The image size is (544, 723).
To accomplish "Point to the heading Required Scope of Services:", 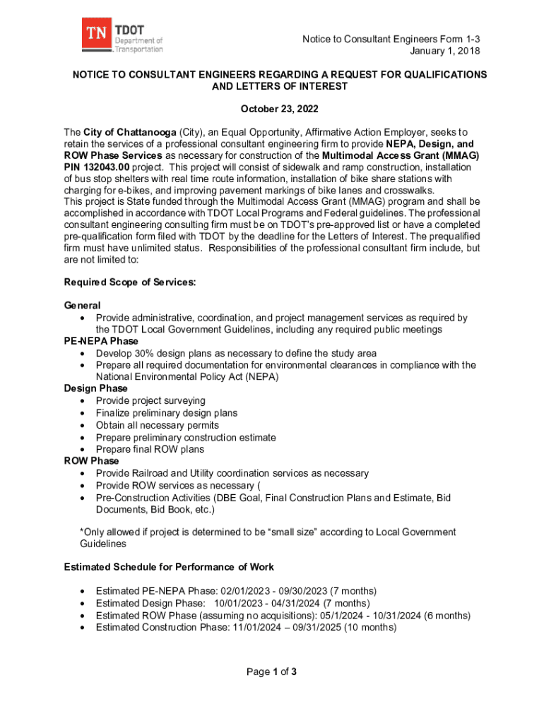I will (130, 282).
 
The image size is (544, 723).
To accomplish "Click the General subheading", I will (82, 306).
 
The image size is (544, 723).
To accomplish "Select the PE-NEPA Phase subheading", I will (101, 341).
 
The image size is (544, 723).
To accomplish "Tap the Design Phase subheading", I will (95, 388).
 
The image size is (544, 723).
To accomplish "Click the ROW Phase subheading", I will (91, 461).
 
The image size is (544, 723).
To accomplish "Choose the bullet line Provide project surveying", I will (150, 401).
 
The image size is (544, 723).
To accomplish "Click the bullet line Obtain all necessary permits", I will (158, 425).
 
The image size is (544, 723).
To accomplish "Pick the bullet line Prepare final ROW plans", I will (150, 449).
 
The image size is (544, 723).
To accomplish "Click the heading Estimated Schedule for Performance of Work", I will (169, 567).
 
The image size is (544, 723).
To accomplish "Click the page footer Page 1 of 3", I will (271, 672).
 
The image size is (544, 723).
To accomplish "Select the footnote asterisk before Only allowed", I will (81, 532).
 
